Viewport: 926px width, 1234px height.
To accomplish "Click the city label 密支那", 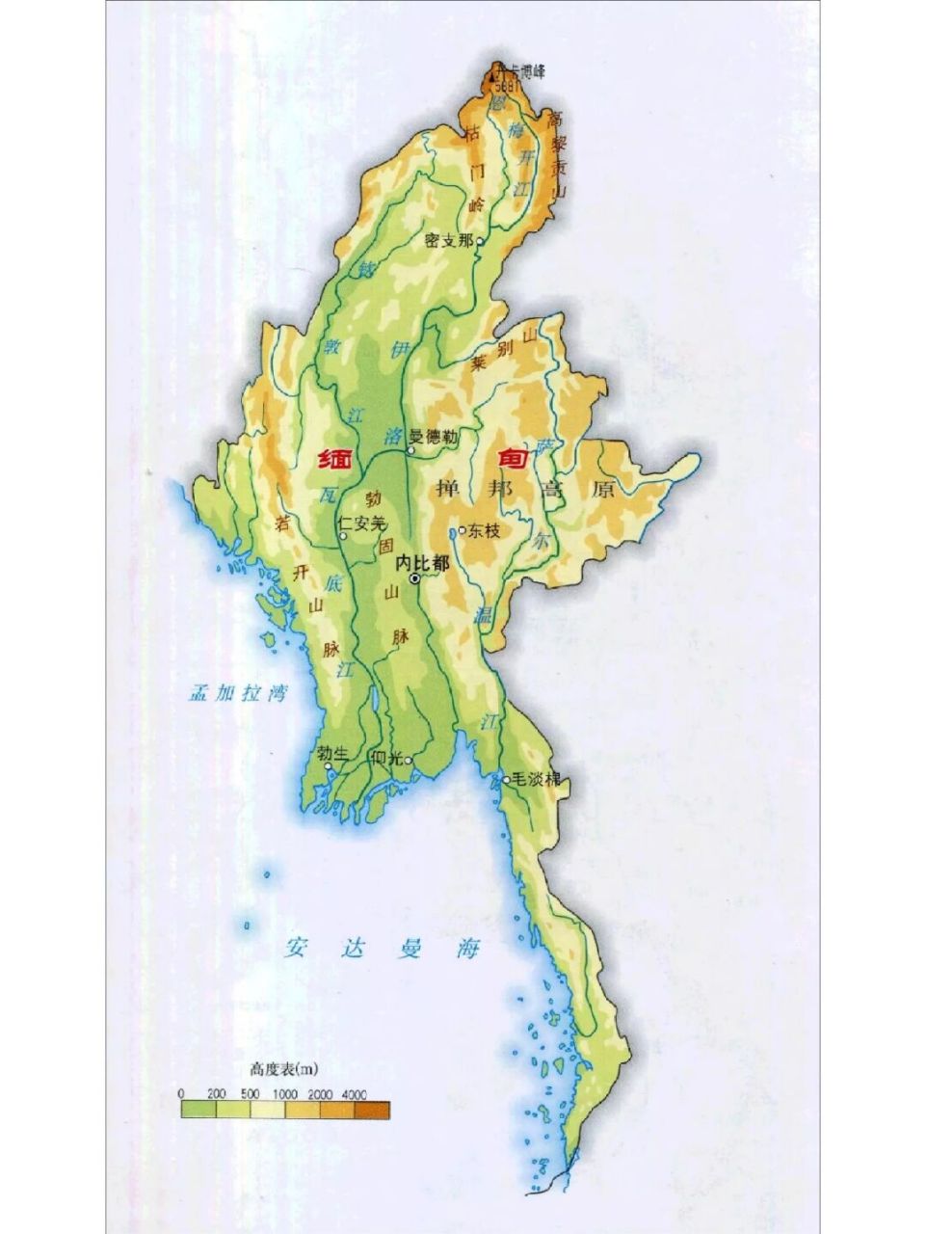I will (448, 240).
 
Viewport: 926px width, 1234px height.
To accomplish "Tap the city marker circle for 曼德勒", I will (410, 450).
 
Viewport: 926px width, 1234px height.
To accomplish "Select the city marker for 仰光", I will (409, 761).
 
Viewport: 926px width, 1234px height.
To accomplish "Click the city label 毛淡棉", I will (537, 779).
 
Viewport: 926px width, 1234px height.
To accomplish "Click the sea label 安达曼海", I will (382, 948).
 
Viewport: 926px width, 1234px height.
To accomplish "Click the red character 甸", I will (511, 460).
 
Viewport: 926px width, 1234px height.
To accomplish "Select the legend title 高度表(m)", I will (284, 1068).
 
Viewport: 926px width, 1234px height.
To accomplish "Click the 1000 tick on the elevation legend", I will (284, 1094).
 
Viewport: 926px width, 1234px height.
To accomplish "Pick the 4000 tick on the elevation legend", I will (354, 1094).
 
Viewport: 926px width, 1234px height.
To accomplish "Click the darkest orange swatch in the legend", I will (372, 1111).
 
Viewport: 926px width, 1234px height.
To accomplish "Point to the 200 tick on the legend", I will (216, 1094).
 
